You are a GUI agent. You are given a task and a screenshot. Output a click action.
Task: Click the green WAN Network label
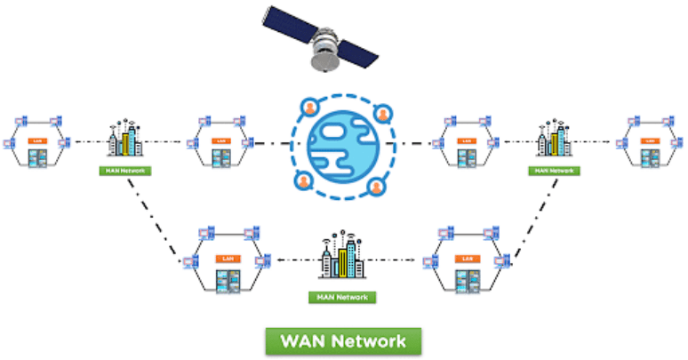pyautogui.click(x=343, y=341)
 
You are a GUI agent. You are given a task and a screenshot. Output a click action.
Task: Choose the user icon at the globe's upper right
pyautogui.click(x=383, y=114)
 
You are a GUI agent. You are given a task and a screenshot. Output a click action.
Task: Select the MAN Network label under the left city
pyautogui.click(x=124, y=171)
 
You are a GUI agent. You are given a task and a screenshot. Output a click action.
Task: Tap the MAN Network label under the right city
pyautogui.click(x=553, y=171)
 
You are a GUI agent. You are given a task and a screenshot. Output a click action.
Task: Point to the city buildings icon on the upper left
pyautogui.click(x=125, y=141)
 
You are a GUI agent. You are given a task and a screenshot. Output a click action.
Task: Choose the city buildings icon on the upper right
pyautogui.click(x=552, y=140)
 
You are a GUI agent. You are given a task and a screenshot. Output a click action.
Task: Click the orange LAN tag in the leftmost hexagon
pyautogui.click(x=37, y=140)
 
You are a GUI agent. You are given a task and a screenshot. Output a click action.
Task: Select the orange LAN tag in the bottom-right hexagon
pyautogui.click(x=466, y=259)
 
